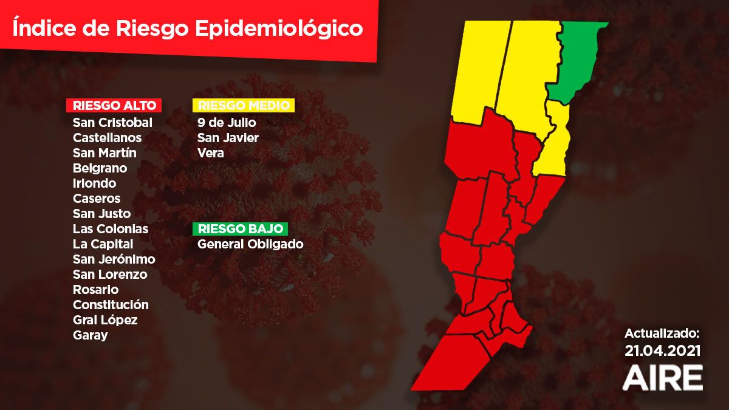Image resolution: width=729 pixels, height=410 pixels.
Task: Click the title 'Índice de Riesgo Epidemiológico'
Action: [x=188, y=29]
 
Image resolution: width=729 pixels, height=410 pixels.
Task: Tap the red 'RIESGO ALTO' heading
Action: [x=114, y=105]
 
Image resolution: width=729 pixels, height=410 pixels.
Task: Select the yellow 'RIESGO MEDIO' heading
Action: [x=243, y=105]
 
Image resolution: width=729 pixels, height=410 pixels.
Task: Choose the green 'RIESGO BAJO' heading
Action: [x=240, y=229]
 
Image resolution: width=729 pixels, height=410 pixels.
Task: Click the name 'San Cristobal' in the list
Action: [x=112, y=122]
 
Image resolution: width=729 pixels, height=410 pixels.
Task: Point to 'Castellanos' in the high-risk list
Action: [x=107, y=138]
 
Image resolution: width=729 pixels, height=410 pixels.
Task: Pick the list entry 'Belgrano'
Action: [x=100, y=168]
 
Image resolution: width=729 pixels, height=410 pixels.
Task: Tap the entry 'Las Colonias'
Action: [x=110, y=229]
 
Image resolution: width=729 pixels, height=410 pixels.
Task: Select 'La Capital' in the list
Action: [x=103, y=244]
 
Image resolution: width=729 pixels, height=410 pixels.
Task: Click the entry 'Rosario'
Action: [x=95, y=290]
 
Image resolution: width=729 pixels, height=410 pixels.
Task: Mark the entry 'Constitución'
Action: [x=111, y=305]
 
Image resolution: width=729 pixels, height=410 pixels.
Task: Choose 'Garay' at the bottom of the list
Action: [x=90, y=335]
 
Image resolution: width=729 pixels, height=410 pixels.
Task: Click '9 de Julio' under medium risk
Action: [x=227, y=123]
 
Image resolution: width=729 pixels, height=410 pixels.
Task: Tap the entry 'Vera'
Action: [x=210, y=153]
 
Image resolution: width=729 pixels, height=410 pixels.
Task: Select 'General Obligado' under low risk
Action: [x=250, y=244]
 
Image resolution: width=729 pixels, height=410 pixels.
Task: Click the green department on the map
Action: [x=577, y=61]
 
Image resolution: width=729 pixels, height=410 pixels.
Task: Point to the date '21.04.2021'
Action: [x=663, y=351]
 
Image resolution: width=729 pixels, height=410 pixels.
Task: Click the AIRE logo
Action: [x=663, y=377]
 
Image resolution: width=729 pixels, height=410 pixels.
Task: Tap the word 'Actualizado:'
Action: [x=663, y=333]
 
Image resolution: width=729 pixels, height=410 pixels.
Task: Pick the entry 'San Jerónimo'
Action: [x=114, y=259]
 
